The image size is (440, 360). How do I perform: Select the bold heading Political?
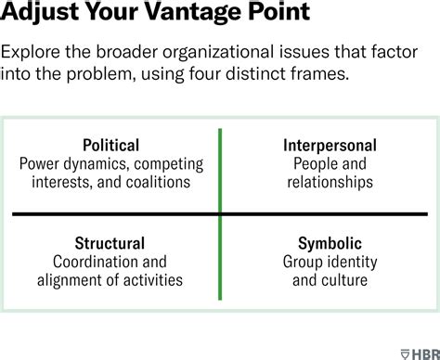coord(110,146)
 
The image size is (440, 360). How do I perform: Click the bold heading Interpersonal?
coord(329,146)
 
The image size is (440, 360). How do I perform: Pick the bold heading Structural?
coord(110,244)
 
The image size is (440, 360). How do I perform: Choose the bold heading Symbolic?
coord(329,244)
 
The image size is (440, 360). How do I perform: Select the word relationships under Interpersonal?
coord(329,183)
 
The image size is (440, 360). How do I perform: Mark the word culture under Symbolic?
coord(344,280)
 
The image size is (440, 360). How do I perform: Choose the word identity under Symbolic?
coord(350,262)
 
